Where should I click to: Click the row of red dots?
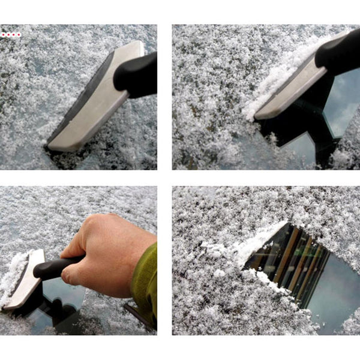click(10, 35)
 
